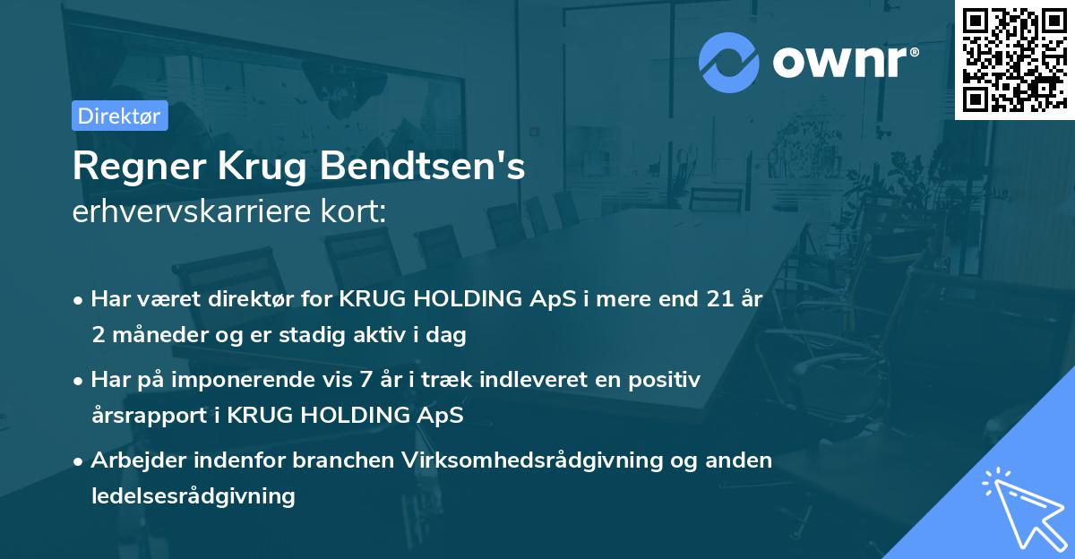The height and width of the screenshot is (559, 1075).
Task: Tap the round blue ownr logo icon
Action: coord(729,62)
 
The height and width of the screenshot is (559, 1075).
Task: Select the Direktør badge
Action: coord(120,116)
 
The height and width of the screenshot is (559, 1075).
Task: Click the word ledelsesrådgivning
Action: coord(193,495)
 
